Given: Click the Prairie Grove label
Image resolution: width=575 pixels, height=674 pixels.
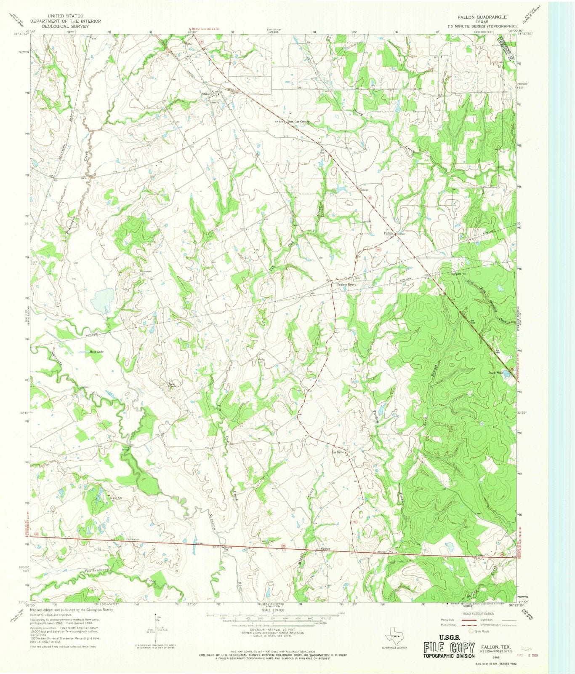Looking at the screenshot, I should pyautogui.click(x=346, y=285).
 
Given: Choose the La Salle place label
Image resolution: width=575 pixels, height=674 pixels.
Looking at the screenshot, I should pyautogui.click(x=338, y=452).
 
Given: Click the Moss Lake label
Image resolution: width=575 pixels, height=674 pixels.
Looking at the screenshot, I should pyautogui.click(x=96, y=351).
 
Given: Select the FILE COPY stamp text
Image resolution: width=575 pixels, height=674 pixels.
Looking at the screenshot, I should pyautogui.click(x=449, y=647).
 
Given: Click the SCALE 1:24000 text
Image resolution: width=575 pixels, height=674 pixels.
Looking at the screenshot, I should pyautogui.click(x=273, y=610).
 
